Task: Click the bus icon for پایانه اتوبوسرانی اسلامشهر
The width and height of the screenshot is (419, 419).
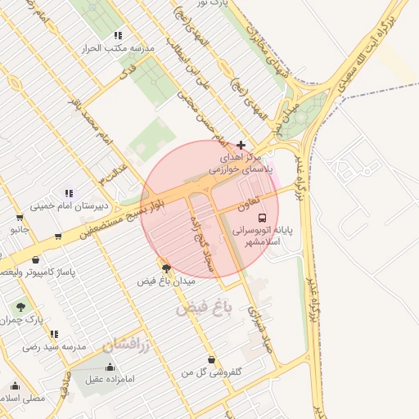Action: pos(262,218)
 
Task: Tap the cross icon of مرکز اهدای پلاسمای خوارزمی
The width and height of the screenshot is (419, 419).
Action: pos(240,145)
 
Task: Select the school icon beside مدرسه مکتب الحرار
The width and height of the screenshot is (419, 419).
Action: pos(119,35)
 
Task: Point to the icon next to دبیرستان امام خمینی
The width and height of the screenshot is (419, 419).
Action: pos(69,193)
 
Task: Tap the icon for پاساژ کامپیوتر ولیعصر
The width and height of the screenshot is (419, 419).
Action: pos(58,237)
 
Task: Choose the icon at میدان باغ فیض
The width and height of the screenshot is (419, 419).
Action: pos(167,268)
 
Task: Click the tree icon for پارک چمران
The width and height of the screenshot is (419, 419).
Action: pos(20,307)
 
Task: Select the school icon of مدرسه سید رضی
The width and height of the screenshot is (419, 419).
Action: pos(54,334)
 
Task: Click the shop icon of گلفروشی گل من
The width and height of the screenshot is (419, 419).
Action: pos(213,359)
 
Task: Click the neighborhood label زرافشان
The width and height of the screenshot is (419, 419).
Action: pos(128,345)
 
